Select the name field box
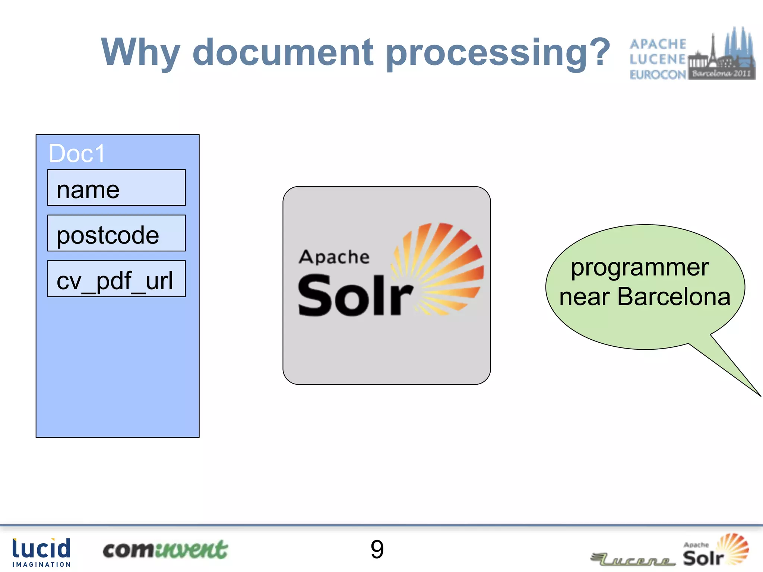pyautogui.click(x=116, y=188)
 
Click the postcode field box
pyautogui.click(x=116, y=233)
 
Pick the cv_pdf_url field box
pyautogui.click(x=116, y=279)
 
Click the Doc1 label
pyautogui.click(x=77, y=153)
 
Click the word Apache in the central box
pyautogui.click(x=334, y=257)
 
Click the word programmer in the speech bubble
pyautogui.click(x=640, y=267)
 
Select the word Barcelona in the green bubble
pyautogui.click(x=674, y=297)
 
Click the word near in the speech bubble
pyautogui.click(x=584, y=298)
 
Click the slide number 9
pyautogui.click(x=377, y=549)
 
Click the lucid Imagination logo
pyautogui.click(x=41, y=552)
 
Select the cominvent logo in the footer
pyautogui.click(x=165, y=550)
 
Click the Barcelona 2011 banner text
pyautogui.click(x=721, y=73)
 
